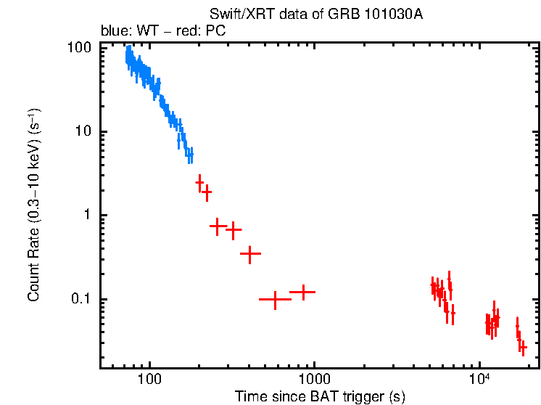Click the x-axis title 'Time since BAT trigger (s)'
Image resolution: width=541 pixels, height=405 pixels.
[x=320, y=396]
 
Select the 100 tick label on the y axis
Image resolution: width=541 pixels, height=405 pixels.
[x=79, y=48]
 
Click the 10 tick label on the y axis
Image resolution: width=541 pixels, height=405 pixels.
[x=83, y=132]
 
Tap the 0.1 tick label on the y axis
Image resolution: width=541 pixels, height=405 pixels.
[x=81, y=300]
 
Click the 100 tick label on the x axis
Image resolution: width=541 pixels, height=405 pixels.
[x=149, y=380]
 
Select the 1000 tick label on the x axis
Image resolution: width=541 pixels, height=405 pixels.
[x=314, y=380]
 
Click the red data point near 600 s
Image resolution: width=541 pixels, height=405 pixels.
[x=275, y=299]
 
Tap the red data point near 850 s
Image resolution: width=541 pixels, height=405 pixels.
[x=302, y=292]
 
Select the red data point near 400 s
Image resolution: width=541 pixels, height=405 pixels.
[x=250, y=254]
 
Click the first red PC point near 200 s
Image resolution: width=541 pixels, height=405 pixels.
[x=199, y=183]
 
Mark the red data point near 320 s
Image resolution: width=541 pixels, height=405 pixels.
[x=234, y=230]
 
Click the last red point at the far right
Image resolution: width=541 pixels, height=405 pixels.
[x=522, y=348]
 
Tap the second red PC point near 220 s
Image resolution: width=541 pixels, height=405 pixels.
[x=207, y=192]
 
